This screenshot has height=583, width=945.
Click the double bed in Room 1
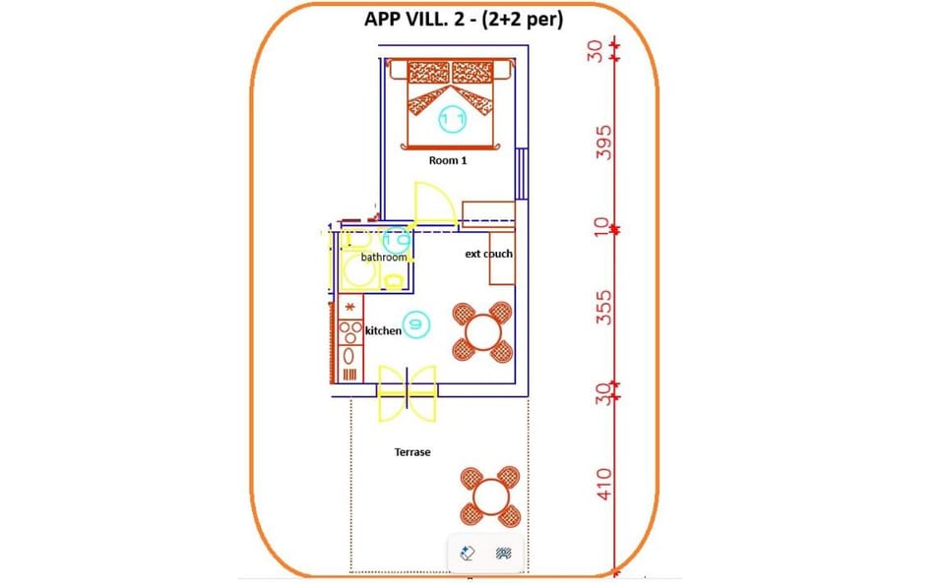(x=451, y=103)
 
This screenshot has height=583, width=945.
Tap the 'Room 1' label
(x=448, y=159)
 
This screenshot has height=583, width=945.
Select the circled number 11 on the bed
(x=453, y=119)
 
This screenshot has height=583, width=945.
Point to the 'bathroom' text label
(x=383, y=258)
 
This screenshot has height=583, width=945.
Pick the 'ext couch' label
(x=488, y=254)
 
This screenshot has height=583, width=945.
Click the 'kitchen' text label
(x=383, y=331)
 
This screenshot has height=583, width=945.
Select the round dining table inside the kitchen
(x=482, y=331)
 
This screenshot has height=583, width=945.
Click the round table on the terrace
(x=489, y=496)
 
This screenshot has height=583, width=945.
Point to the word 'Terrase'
(x=412, y=452)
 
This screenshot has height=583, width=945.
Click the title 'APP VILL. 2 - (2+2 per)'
(x=463, y=20)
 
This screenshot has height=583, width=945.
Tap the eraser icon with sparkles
(x=468, y=554)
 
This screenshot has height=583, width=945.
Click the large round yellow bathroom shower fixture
(x=354, y=270)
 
